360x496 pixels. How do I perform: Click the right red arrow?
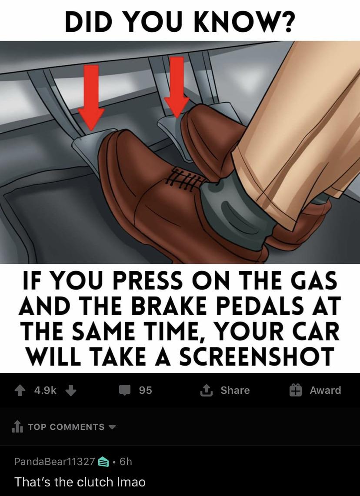[177, 87]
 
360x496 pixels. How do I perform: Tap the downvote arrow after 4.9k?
[71, 390]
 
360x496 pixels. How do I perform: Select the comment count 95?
[146, 390]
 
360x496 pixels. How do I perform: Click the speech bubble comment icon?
[125, 390]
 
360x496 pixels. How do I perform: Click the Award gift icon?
[296, 390]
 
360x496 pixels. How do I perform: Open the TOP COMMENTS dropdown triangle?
[112, 427]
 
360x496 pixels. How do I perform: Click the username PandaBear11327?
[54, 462]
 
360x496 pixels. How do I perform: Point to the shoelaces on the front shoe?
[185, 176]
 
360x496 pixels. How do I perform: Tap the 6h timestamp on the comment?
[125, 462]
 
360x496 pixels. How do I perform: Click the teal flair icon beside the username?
[103, 462]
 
